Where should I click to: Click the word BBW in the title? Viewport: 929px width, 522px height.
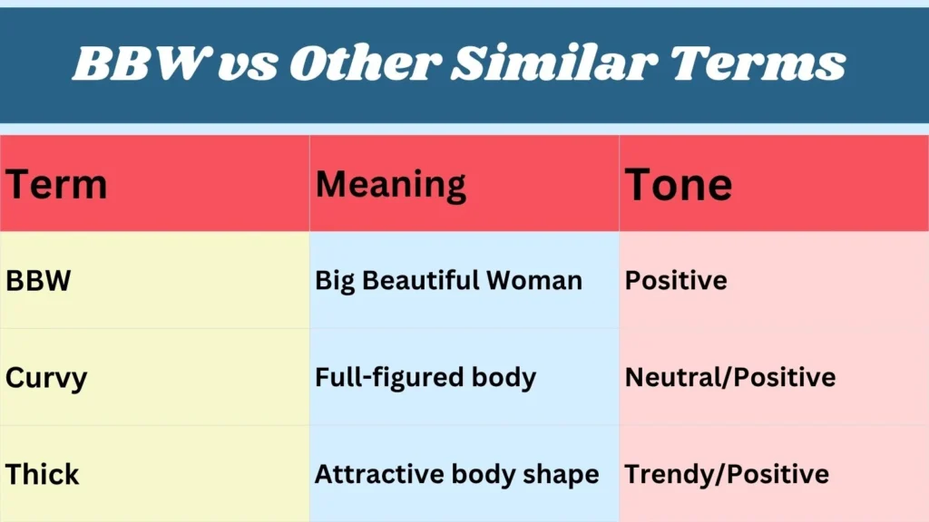tap(138, 63)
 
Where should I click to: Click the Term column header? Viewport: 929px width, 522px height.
tap(56, 185)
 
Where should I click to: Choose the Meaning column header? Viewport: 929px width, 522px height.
tap(391, 185)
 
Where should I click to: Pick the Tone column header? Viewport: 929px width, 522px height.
tap(679, 185)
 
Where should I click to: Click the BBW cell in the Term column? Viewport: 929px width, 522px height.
tap(38, 281)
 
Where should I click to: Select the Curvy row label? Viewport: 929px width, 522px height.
tap(46, 378)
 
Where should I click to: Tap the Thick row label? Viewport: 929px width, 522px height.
tap(43, 475)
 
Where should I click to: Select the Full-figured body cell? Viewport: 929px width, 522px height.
tap(425, 378)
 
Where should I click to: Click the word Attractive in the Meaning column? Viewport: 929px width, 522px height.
tap(373, 475)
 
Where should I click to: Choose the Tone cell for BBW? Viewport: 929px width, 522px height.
tap(676, 281)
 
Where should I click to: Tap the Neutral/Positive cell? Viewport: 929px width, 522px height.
tap(730, 378)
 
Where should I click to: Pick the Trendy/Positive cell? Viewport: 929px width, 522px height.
tap(727, 475)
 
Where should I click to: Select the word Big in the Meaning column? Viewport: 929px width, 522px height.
tap(335, 281)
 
